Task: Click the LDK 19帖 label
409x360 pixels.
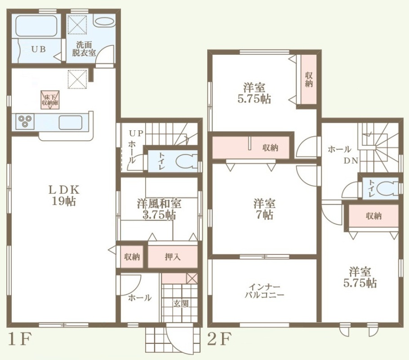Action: (x=64, y=196)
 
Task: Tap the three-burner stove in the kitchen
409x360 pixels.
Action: (x=25, y=121)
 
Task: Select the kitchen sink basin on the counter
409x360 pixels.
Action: (x=71, y=122)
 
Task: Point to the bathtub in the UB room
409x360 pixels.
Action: (x=36, y=26)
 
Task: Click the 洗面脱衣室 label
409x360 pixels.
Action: (x=84, y=49)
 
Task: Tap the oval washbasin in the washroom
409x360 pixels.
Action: (x=104, y=22)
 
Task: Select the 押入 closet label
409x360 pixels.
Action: (x=173, y=257)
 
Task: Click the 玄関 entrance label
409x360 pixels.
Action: (x=181, y=303)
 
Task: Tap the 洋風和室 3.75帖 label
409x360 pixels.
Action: (x=159, y=209)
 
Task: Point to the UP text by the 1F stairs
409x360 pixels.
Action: (x=136, y=133)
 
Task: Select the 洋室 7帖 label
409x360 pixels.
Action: (x=264, y=209)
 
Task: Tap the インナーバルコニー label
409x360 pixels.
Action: (x=264, y=291)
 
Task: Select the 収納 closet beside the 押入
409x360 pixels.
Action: (x=132, y=257)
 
